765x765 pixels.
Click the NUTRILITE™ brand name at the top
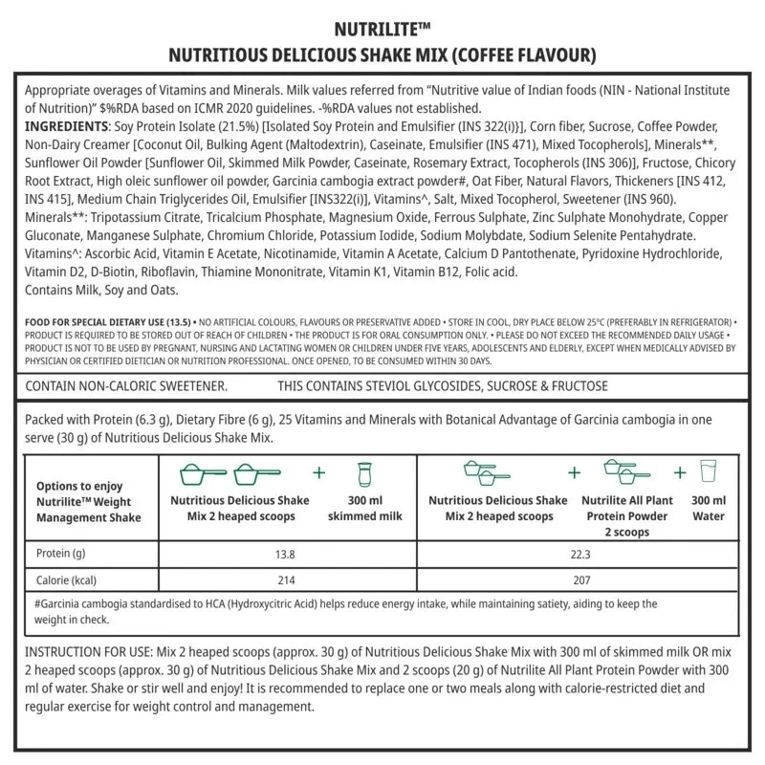pos(382,28)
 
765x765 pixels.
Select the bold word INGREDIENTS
pos(64,126)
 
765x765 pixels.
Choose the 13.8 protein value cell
pos(284,554)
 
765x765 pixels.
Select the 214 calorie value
pos(284,580)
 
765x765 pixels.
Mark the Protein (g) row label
pos(62,554)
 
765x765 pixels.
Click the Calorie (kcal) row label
pos(67,580)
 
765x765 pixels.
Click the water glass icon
pos(708,471)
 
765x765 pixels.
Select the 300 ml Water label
pos(708,508)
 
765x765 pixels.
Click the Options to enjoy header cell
pos(88,502)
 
